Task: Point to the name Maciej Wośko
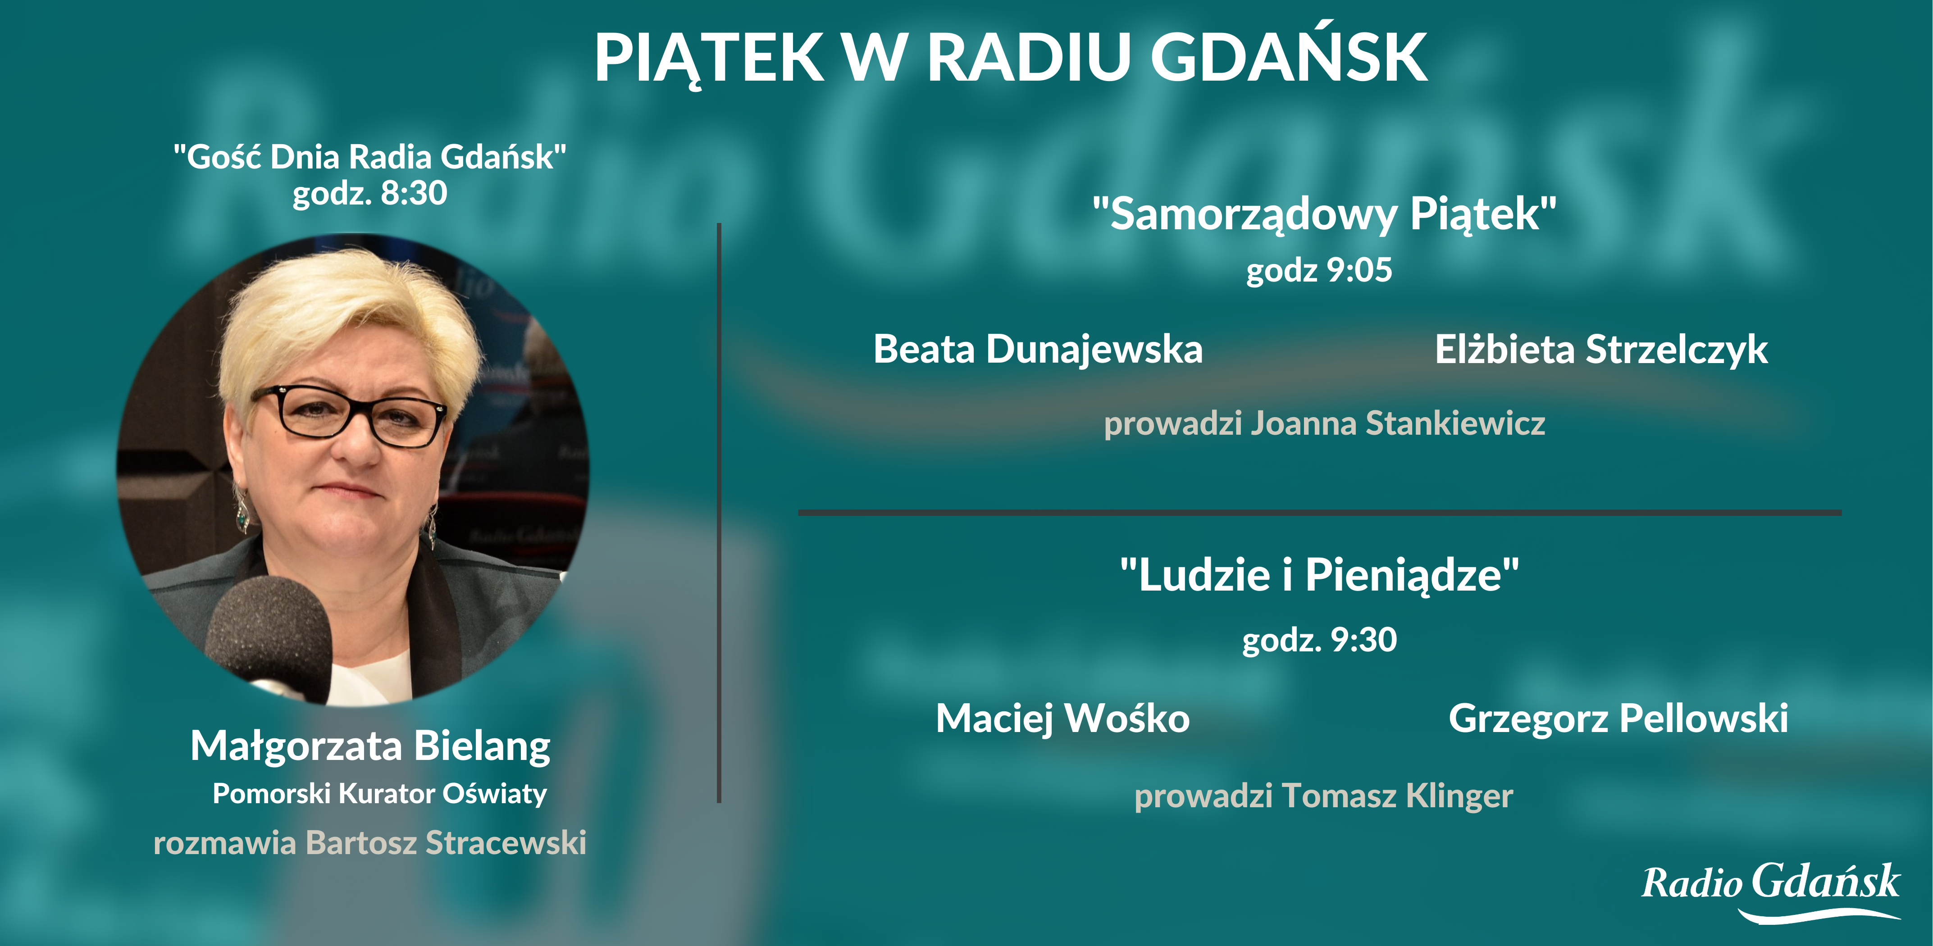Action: click(1062, 719)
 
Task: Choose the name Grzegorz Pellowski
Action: click(1618, 719)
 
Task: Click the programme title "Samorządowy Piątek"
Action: click(1324, 214)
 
